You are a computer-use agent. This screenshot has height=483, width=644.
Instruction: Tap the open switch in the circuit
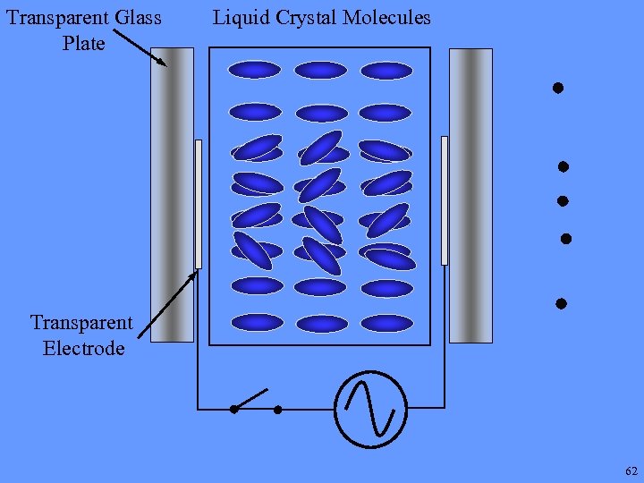point(255,401)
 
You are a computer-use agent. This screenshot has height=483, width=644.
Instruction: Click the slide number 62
point(631,470)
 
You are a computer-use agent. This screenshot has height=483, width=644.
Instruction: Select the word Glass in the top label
point(136,17)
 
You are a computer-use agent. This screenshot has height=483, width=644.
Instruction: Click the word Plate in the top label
point(83,43)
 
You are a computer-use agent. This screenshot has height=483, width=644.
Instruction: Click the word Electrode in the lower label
point(83,348)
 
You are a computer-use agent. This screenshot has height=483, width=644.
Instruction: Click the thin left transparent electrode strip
point(199,204)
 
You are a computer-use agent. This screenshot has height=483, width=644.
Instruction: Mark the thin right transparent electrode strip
point(445,200)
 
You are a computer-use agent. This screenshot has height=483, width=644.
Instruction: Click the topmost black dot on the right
point(556,88)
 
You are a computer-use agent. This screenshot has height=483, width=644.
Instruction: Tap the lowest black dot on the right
point(561,303)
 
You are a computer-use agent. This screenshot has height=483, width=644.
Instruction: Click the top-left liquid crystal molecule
point(255,70)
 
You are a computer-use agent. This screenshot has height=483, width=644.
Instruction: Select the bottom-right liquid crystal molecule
point(386,323)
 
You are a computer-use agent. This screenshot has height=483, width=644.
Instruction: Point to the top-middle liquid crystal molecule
point(320,70)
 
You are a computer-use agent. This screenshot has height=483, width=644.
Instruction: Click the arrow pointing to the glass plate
point(140,47)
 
